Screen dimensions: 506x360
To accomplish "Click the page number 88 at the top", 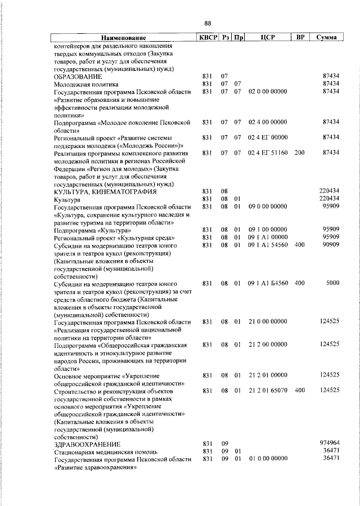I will tap(207, 23).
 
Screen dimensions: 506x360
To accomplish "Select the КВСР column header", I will tap(206, 38).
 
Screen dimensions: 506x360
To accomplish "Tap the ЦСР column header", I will tap(267, 38).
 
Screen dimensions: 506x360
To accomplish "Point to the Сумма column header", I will tap(326, 38).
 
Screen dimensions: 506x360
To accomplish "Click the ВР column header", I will tap(300, 38).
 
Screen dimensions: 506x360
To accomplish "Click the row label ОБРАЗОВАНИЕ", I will tap(78, 76).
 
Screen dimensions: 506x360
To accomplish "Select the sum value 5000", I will tap(332, 284).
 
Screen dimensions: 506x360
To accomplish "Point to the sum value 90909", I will tap(328, 245).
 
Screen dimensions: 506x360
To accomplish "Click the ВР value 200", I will tap(299, 153).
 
